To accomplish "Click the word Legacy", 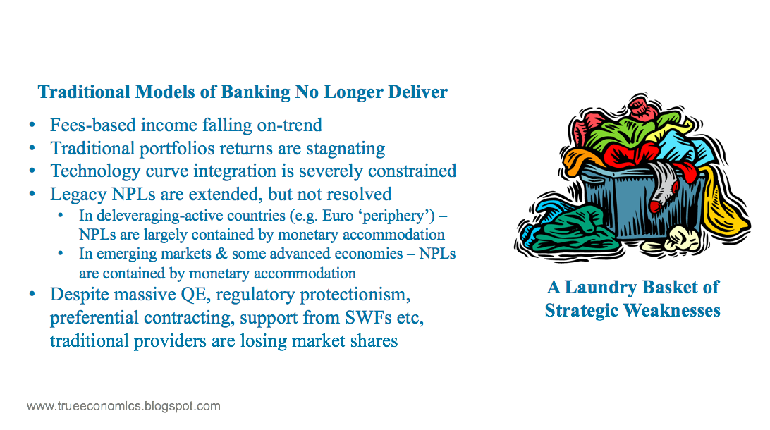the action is [78, 195].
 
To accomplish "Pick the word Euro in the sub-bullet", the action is [338, 216].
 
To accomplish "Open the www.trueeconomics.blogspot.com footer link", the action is [124, 407].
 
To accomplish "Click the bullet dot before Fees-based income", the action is [32, 125].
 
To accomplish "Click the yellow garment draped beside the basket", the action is [724, 204].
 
